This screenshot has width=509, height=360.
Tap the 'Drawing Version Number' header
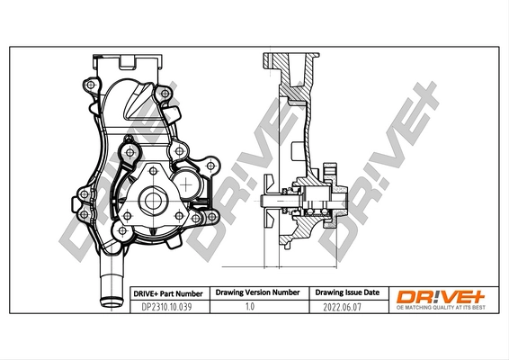tap(256, 293)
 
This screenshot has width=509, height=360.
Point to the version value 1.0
tap(256, 307)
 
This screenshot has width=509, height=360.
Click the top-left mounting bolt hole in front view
tap(90, 85)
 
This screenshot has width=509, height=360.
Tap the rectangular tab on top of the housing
tap(127, 63)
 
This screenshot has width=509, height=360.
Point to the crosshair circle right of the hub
tap(188, 184)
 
